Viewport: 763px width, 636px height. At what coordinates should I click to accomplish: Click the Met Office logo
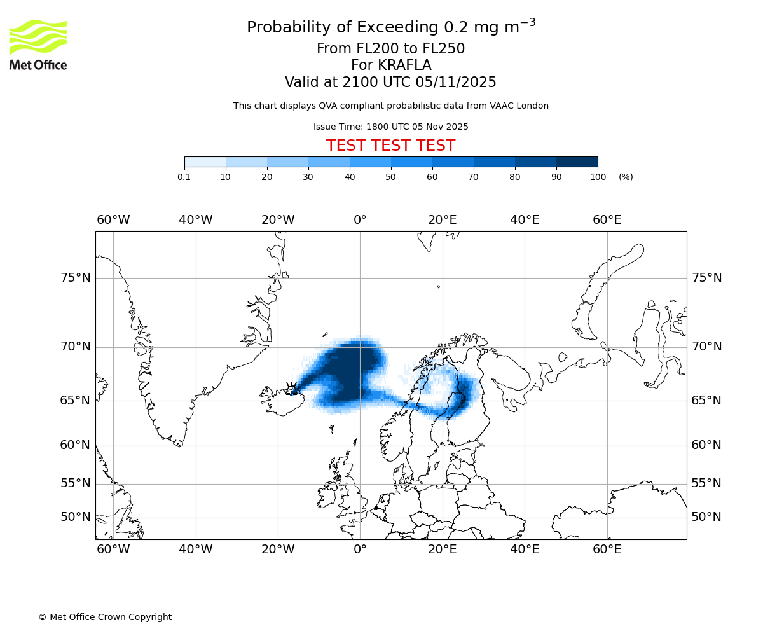(38, 45)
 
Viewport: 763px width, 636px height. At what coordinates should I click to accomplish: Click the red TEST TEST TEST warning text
(390, 146)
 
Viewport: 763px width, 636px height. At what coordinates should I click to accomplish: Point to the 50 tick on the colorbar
(391, 177)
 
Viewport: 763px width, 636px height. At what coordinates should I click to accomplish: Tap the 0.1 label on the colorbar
(184, 177)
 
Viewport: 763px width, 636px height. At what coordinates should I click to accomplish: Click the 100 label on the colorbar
(598, 177)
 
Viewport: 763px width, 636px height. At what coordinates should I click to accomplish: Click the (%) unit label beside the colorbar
(626, 177)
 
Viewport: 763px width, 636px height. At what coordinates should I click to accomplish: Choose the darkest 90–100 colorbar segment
(577, 162)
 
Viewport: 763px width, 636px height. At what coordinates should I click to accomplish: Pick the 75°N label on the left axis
(75, 278)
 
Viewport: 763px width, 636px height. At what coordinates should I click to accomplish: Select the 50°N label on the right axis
(706, 517)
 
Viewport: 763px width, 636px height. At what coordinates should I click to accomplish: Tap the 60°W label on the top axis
(113, 220)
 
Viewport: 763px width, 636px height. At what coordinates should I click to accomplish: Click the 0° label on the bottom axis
(360, 550)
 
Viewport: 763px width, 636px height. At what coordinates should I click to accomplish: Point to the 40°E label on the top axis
(525, 220)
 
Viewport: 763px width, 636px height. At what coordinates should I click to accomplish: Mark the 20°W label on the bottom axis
(278, 550)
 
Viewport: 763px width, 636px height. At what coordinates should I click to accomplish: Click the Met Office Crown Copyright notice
(105, 617)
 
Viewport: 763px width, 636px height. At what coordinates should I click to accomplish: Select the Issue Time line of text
(390, 127)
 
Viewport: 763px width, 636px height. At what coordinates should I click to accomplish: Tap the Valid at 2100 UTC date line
(390, 83)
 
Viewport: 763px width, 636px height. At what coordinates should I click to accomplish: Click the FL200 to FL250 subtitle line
(390, 49)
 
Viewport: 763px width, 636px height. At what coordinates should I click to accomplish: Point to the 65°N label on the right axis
(706, 401)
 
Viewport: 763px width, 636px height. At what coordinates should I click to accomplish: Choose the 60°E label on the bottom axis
(607, 550)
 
